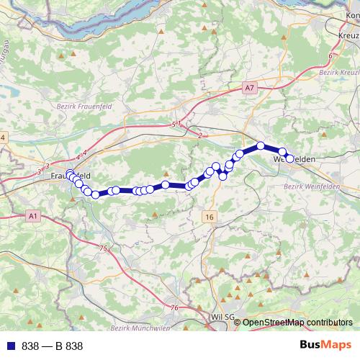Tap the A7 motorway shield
(x=249, y=88)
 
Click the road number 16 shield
(x=210, y=216)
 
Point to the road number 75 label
(x=104, y=248)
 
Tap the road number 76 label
(x=174, y=307)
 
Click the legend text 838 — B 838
(x=52, y=346)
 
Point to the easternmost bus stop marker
(x=290, y=158)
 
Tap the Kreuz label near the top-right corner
(x=348, y=35)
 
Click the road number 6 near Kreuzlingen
(x=330, y=55)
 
